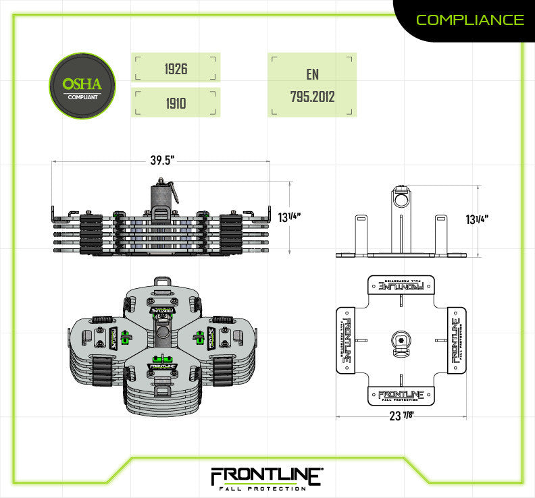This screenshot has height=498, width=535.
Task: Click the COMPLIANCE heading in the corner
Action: [469, 20]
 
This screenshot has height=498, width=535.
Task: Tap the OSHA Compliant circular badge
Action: [82, 86]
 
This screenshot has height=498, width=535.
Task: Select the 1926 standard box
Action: [176, 69]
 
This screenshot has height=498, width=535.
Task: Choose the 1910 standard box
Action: [176, 103]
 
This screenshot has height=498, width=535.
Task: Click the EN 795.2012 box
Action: [311, 86]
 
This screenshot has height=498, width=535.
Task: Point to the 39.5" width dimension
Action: [162, 161]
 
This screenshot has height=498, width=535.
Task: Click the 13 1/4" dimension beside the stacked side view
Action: [289, 217]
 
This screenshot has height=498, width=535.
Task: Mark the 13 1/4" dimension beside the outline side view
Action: [478, 219]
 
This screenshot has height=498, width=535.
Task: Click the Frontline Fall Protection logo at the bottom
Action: [266, 478]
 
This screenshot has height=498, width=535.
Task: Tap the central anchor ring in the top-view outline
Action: [401, 340]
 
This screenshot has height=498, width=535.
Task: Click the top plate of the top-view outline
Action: [401, 285]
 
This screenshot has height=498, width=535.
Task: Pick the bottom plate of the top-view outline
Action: [401, 395]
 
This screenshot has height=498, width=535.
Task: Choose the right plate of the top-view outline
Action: [456, 340]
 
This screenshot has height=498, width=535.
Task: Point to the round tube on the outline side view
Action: [401, 200]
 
